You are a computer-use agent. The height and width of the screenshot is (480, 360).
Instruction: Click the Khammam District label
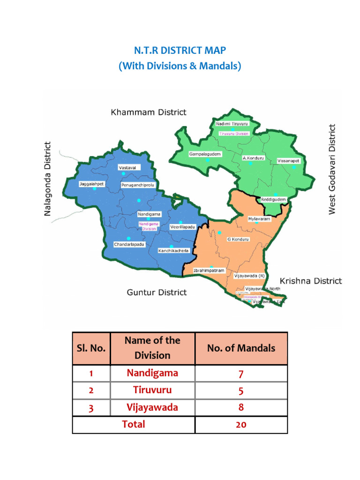148,112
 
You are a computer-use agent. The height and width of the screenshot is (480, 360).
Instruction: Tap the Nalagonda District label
47,179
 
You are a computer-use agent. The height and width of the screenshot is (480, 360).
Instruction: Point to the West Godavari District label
332,169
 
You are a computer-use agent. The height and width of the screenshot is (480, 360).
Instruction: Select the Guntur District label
157,292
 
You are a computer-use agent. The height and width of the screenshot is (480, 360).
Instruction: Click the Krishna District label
311,281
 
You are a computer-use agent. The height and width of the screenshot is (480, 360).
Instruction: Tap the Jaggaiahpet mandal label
91,184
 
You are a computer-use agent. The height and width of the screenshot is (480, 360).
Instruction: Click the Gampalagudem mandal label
205,154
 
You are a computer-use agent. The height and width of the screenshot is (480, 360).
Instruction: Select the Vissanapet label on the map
288,161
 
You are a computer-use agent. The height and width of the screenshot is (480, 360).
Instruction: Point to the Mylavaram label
259,219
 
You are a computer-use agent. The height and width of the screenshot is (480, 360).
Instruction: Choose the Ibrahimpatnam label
210,270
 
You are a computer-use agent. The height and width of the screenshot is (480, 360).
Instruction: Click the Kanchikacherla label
173,251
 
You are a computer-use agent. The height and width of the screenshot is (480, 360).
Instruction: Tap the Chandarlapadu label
129,245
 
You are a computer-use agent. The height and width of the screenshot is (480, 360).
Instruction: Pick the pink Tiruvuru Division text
234,134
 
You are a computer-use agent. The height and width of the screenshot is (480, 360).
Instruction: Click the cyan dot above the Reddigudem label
276,194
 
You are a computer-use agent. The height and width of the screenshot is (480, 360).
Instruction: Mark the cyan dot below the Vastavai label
123,174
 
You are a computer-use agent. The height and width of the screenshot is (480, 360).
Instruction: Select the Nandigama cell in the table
152,373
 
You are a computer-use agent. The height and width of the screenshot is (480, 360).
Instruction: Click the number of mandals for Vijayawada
241,407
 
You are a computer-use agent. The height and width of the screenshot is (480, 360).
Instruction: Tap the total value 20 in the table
241,424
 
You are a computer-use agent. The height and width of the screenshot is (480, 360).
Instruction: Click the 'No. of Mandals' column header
241,348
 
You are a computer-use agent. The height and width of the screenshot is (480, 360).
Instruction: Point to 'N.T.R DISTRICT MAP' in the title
180,50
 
